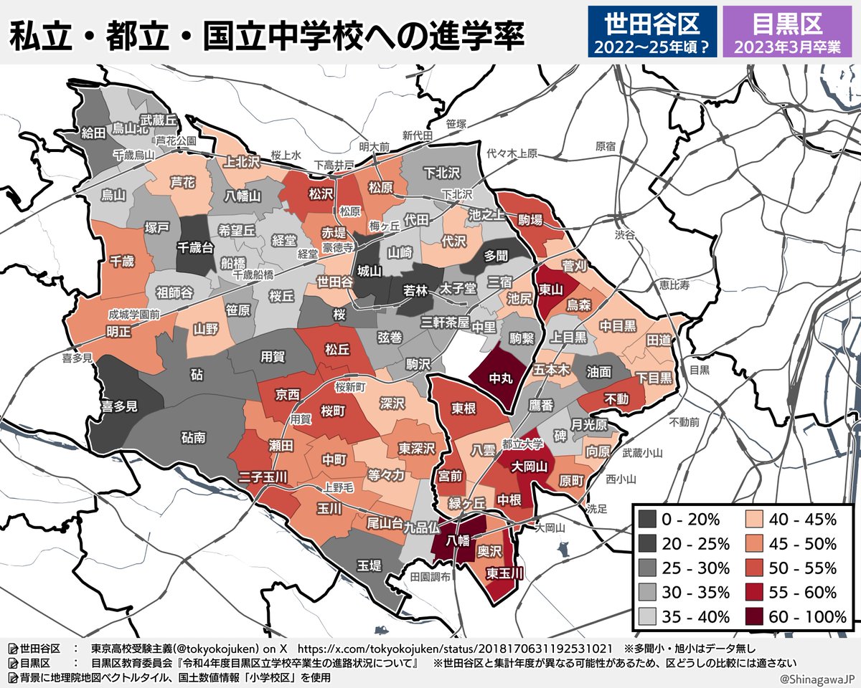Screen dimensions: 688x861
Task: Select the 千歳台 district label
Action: (195, 247)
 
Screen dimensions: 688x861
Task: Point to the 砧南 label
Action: (194, 435)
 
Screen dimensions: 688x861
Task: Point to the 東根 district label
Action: (463, 408)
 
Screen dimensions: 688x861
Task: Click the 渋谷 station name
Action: (625, 234)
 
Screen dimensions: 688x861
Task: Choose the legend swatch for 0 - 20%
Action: (647, 519)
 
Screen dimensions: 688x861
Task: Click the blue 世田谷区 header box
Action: (651, 33)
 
